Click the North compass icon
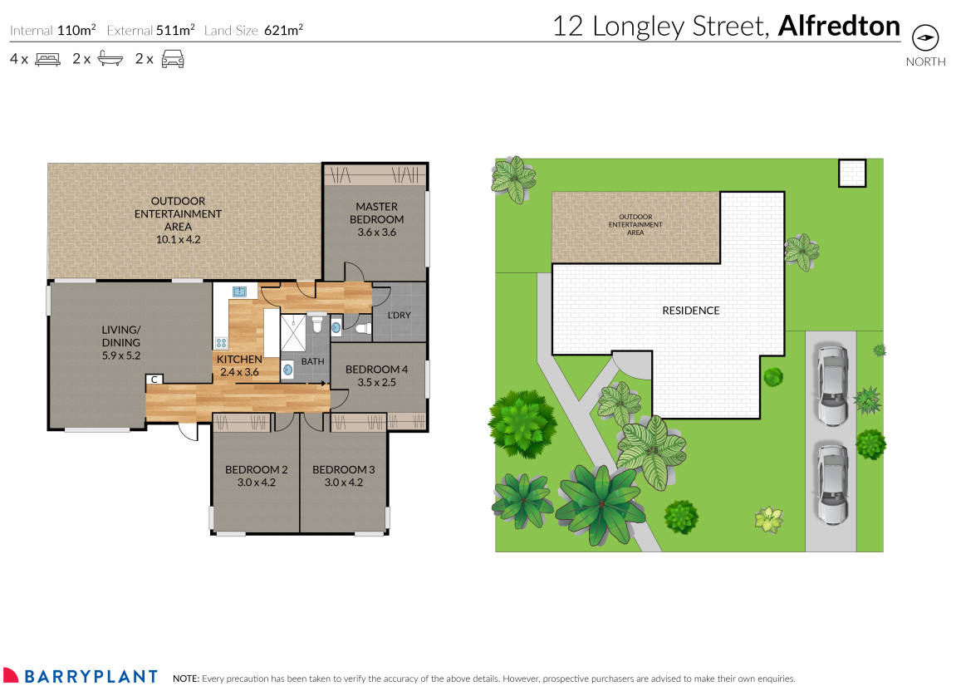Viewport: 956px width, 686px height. [x=925, y=38]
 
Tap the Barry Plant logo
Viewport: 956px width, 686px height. [x=80, y=676]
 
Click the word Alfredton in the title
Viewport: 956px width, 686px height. [x=839, y=27]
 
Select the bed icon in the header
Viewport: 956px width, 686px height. [x=47, y=59]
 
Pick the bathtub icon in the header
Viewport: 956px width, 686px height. [x=110, y=59]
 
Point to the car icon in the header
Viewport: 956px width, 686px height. [x=172, y=59]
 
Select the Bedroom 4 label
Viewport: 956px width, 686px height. [x=376, y=375]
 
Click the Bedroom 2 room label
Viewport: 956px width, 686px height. [x=256, y=475]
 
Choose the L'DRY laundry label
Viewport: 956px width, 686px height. [x=400, y=316]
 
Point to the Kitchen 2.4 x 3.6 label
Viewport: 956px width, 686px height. [x=239, y=365]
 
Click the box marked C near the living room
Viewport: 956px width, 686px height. [x=154, y=380]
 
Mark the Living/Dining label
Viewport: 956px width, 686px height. [x=121, y=348]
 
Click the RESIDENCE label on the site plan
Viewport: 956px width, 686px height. [x=690, y=311]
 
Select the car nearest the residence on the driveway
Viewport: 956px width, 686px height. [x=832, y=385]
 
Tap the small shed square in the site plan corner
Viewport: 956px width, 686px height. [x=851, y=173]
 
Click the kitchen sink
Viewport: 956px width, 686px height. [x=240, y=292]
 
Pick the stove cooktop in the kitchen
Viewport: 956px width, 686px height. [x=222, y=342]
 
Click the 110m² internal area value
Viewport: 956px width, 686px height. [x=76, y=31]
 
